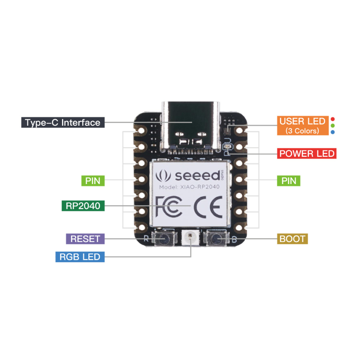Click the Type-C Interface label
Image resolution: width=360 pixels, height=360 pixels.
click(x=63, y=122)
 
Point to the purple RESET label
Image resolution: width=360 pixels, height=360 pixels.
click(x=85, y=239)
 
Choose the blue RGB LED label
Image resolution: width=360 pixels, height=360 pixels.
click(x=80, y=257)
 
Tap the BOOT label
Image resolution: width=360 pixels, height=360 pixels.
click(x=292, y=239)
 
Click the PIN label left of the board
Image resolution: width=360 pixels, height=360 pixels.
click(x=93, y=180)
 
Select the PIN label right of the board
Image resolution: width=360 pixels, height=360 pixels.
click(x=289, y=180)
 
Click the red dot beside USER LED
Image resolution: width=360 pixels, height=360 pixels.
click(x=332, y=119)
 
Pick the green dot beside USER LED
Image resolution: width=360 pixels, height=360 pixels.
click(x=332, y=126)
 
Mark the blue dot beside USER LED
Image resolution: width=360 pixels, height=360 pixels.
click(x=332, y=132)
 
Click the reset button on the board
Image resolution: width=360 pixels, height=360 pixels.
click(x=164, y=239)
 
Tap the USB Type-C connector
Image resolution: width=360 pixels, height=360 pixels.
click(x=191, y=126)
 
